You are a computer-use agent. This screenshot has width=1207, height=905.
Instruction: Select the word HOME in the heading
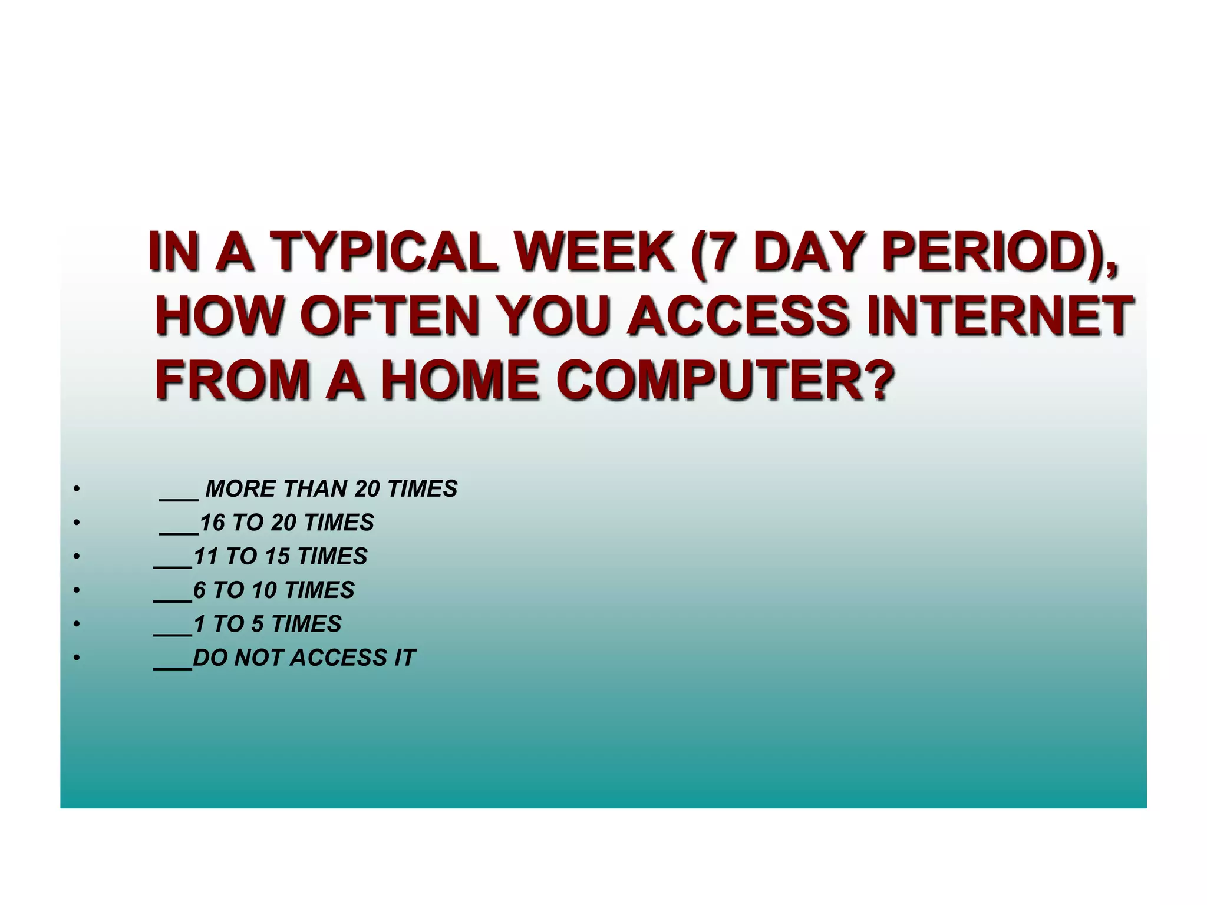(x=460, y=380)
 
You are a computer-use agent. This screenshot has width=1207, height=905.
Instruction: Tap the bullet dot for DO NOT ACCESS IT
(x=76, y=658)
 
